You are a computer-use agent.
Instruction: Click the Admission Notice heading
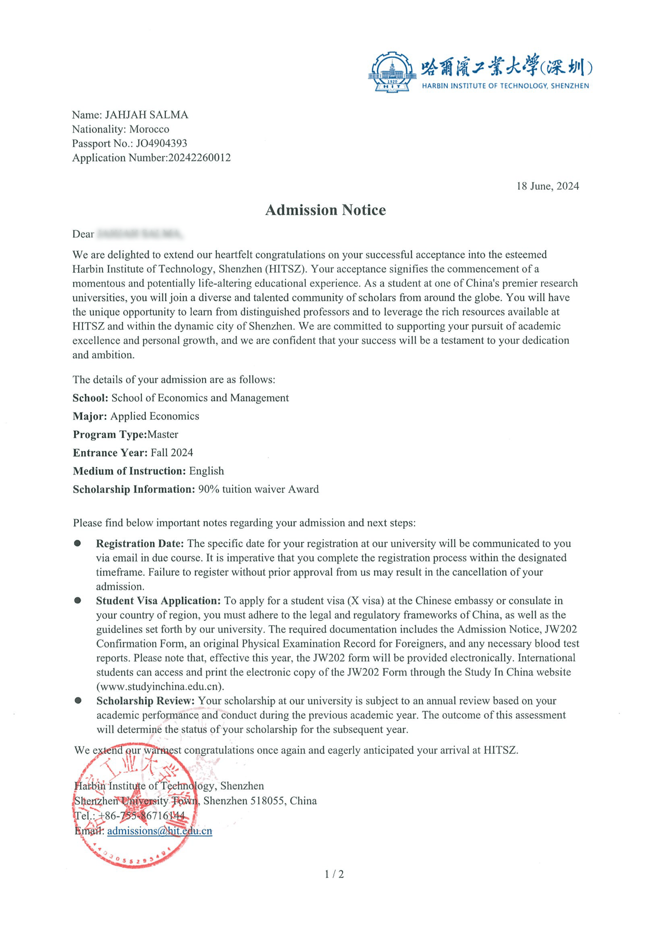coord(325,210)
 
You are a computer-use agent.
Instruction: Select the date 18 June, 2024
coord(547,186)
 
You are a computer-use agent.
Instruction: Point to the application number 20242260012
coord(199,158)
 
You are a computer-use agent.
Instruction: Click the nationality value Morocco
coord(149,129)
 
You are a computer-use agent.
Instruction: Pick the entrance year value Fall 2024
coord(172,453)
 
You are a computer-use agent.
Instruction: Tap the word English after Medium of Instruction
coord(206,471)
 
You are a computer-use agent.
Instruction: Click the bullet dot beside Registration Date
coord(77,543)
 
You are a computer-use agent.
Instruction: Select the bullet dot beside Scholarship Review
coord(78,700)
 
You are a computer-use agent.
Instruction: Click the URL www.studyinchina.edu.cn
coord(160,686)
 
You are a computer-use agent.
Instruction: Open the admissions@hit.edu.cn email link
coord(160,831)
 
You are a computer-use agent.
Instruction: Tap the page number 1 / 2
coord(334,874)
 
